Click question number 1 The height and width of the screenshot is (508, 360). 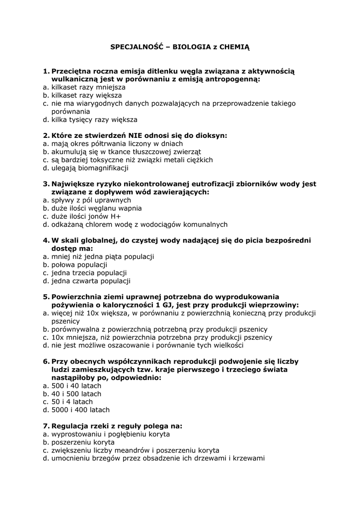pyautogui.click(x=45, y=71)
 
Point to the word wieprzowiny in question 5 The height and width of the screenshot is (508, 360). pyautogui.click(x=276, y=305)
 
